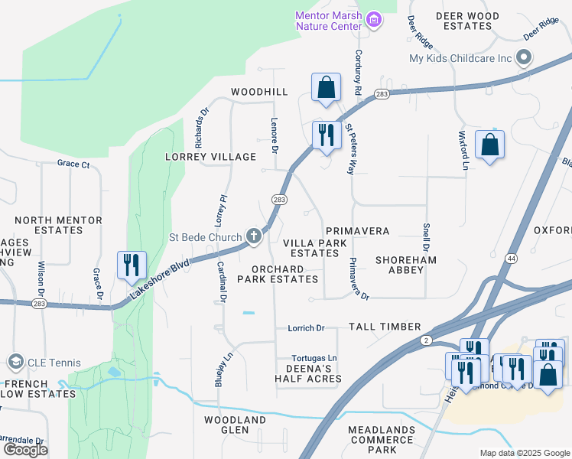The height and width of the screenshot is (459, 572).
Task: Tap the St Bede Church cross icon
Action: pos(254,236)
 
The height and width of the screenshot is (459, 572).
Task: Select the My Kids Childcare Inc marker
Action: pos(524,58)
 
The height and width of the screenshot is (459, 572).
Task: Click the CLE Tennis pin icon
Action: pos(15,362)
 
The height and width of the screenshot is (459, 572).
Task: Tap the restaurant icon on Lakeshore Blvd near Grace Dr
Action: pos(131,265)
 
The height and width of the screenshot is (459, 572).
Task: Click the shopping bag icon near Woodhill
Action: pos(326,87)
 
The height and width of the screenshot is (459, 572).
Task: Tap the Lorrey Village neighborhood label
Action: pos(210,157)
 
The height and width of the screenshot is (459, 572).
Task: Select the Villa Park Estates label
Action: pos(310,248)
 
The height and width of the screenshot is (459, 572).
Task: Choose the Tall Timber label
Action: pos(385,327)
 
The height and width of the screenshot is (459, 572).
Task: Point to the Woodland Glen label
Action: pos(235,425)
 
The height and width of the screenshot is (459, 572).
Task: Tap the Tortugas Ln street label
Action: pos(314,358)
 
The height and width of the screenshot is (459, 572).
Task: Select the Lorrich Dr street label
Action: pos(306,328)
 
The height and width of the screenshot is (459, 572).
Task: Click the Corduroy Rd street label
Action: pos(357,73)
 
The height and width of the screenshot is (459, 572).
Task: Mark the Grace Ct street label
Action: pos(73,164)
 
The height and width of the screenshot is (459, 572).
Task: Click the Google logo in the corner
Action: pos(25,449)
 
